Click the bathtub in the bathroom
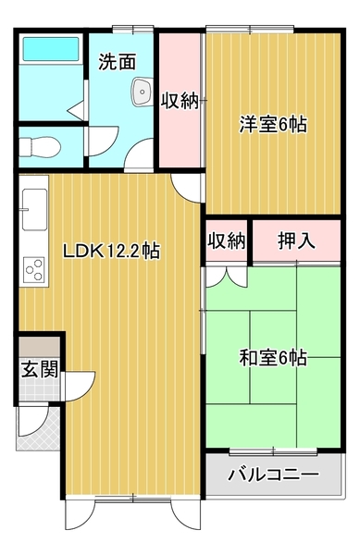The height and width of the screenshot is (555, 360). pos(51,49)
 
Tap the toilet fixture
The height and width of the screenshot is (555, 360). pos(39,147)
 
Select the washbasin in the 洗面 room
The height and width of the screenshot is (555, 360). pos(143,92)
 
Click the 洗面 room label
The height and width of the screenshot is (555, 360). pos(117,62)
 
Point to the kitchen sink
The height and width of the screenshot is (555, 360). pos(34,209)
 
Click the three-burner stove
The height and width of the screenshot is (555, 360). pos(34,270)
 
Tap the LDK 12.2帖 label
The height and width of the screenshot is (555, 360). pos(111,252)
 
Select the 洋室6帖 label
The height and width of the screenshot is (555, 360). pos(273,124)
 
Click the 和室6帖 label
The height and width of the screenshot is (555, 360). pos(273,357)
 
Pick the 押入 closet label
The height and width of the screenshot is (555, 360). pos(296,241)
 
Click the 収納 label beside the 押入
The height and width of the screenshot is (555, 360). pos(227,241)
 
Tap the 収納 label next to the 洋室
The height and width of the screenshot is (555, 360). pos(180,101)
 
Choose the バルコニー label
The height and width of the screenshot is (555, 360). pos(273,475)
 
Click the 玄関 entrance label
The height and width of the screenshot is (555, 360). pos(40,369)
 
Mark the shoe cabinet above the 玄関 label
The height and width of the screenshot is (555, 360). pos(39,347)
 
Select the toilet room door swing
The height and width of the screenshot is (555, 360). pos(104,141)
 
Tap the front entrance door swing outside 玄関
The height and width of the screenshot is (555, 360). pos(33,421)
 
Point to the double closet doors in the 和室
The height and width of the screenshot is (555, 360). pos(227,277)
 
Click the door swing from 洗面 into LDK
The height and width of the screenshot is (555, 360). pos(139,155)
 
